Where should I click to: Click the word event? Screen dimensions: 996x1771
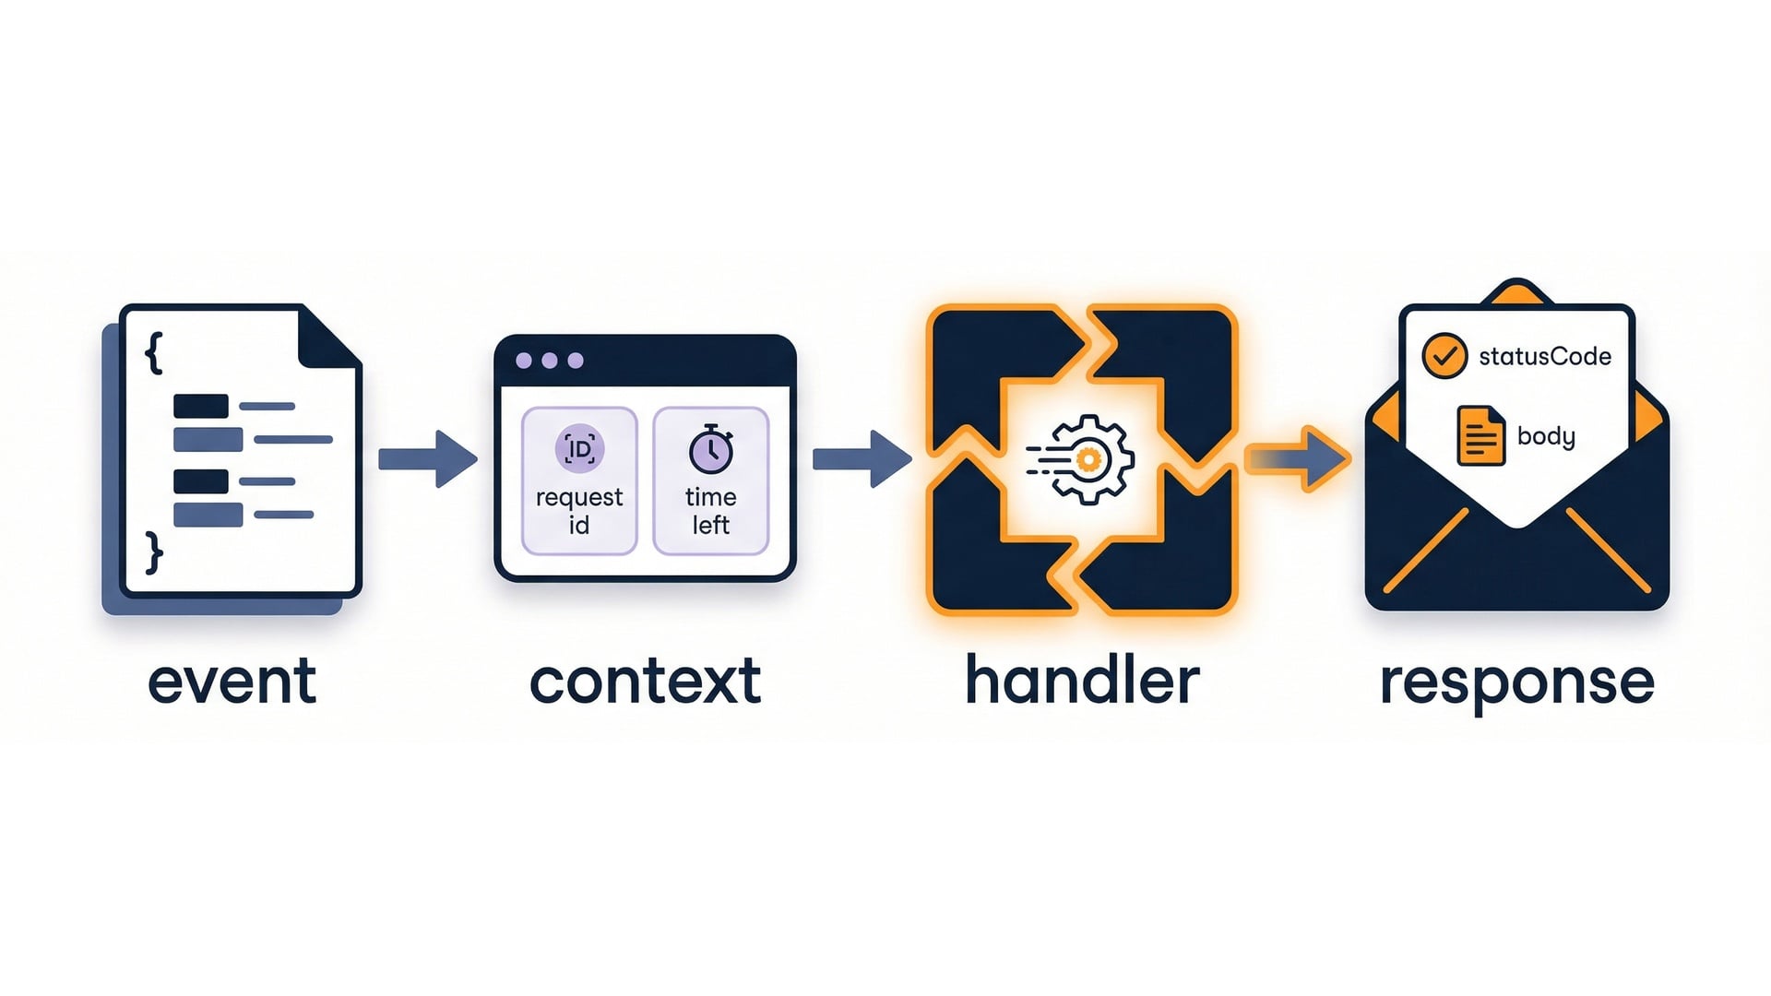[232, 682]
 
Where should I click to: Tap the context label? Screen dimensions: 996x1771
[645, 682]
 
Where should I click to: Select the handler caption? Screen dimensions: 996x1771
[1082, 682]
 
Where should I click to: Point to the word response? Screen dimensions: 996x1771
[1516, 683]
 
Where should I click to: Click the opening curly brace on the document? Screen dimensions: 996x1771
[154, 353]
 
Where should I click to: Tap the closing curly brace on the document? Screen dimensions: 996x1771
[154, 552]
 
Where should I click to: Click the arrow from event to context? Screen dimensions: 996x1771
[428, 458]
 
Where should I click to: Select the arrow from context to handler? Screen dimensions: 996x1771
[862, 458]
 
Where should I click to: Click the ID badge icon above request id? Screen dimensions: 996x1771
[579, 449]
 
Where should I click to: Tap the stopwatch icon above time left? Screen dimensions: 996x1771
[711, 449]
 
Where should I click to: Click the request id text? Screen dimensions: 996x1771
[579, 510]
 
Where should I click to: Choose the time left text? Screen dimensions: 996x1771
[711, 510]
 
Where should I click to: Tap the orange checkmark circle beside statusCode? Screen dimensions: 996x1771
[1444, 356]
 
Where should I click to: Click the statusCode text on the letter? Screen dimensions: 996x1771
[1545, 357]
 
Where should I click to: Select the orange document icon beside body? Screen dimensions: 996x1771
[1480, 435]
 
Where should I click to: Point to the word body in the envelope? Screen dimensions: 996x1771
[1546, 435]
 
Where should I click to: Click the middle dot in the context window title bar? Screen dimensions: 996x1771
[550, 361]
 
